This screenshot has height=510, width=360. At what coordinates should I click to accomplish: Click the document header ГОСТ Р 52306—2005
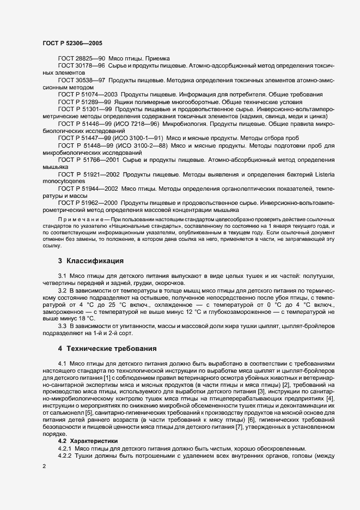click(72, 42)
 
